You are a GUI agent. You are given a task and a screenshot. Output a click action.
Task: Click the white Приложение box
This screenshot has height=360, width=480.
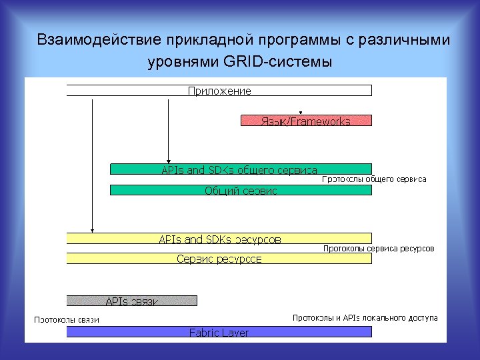point(219,91)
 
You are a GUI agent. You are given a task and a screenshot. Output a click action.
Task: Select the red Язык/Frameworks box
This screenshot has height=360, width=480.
point(306,121)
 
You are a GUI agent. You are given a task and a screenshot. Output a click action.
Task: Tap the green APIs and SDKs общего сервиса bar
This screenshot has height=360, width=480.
point(240,169)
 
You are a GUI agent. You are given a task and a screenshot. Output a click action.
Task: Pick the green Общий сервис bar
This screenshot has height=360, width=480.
point(240,190)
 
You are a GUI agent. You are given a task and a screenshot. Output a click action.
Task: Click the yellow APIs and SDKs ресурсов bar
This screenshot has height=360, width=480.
point(219,238)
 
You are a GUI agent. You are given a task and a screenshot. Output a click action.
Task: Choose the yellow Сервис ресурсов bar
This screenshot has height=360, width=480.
point(219,258)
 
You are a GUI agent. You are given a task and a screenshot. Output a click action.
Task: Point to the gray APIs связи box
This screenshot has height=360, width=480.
point(132,301)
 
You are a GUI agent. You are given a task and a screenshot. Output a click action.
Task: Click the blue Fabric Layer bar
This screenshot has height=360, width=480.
point(219,331)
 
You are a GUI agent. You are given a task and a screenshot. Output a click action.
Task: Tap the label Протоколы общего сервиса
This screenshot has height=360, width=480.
point(374,179)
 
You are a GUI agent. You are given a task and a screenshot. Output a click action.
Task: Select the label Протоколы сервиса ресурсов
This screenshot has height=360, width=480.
point(378,248)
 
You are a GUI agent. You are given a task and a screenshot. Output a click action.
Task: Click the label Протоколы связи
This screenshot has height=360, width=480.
point(67,319)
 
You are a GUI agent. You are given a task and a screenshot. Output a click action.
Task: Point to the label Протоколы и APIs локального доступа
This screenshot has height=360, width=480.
point(365,317)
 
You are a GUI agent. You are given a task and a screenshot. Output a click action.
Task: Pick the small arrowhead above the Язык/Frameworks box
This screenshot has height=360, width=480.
point(301,113)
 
